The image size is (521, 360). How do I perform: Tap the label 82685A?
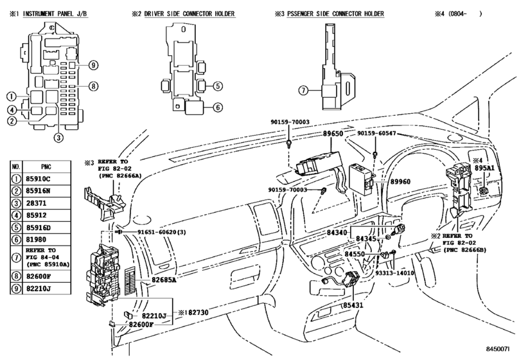(164, 280)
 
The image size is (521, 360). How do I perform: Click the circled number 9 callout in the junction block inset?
(93, 64)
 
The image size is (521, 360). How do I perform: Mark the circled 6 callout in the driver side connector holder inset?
(218, 107)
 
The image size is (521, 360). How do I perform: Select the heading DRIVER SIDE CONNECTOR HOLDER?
(193, 14)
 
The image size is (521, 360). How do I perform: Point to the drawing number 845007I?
(500, 350)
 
